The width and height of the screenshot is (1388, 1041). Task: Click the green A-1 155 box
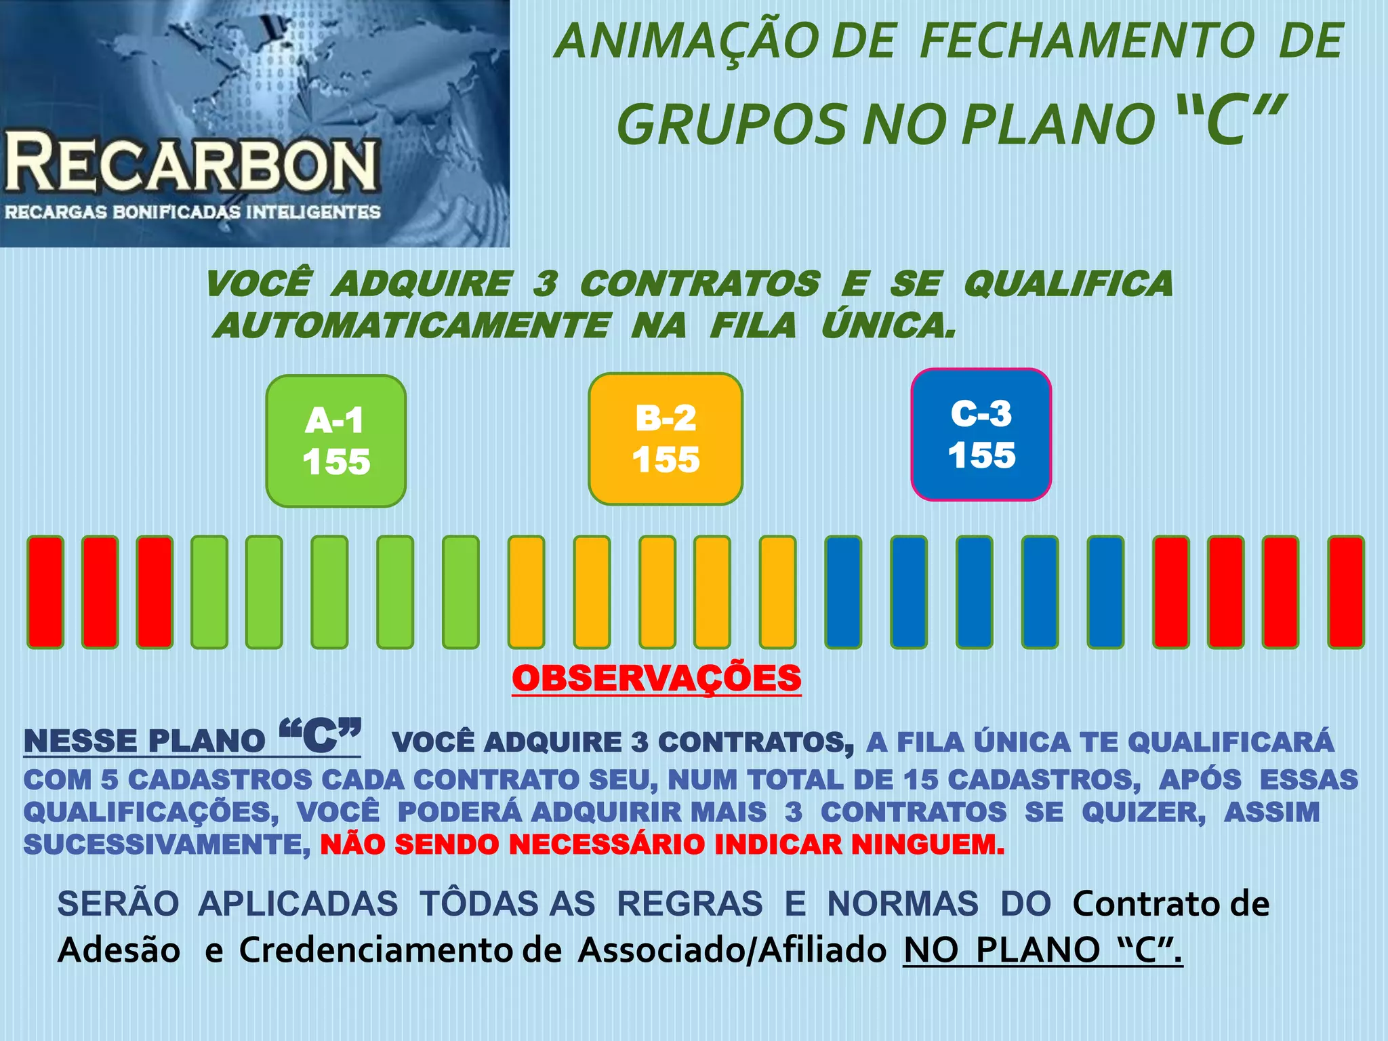[x=336, y=441]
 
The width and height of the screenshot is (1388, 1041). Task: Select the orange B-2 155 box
[x=666, y=438]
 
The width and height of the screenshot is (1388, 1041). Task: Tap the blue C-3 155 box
[x=981, y=434]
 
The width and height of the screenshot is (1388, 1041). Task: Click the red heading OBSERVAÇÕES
[x=656, y=678]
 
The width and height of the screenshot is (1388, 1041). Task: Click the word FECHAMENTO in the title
[x=1088, y=41]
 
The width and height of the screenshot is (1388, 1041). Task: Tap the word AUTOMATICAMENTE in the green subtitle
[x=412, y=325]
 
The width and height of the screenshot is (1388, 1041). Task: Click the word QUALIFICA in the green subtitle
[x=1068, y=283]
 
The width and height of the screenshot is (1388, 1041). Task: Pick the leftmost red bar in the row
[x=45, y=592]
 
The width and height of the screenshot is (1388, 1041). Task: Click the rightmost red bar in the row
[x=1346, y=592]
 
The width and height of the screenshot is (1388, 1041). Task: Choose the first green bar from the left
[x=209, y=592]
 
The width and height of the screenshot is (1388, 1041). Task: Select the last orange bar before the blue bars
[x=777, y=592]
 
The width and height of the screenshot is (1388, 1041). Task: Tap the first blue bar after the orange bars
[x=843, y=592]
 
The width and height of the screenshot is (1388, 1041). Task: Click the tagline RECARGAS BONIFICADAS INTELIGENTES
[x=193, y=212]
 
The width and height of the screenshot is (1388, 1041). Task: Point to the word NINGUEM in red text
[x=927, y=844]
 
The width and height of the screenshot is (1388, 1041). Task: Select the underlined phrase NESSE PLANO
[x=144, y=741]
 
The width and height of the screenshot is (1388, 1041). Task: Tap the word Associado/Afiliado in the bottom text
[x=732, y=950]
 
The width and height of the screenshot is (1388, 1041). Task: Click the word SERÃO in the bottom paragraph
[x=118, y=903]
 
